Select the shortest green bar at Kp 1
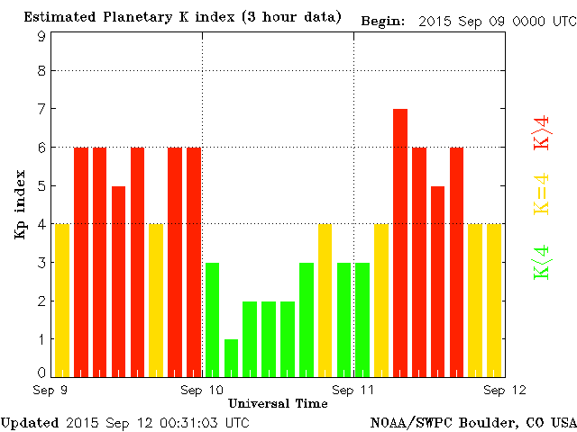click(x=232, y=357)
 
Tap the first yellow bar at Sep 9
click(x=62, y=300)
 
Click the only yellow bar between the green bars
click(x=325, y=300)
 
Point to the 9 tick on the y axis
click(x=41, y=37)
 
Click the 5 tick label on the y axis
click(x=41, y=186)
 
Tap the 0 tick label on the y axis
click(x=41, y=372)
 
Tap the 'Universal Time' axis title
click(x=278, y=403)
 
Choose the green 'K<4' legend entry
click(x=541, y=261)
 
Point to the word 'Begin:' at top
click(x=385, y=20)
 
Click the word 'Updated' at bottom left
click(x=30, y=422)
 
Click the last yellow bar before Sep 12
click(x=493, y=300)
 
